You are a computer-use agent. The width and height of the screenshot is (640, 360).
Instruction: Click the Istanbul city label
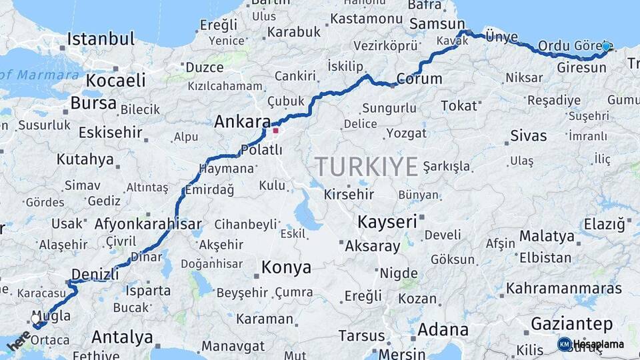click(101, 39)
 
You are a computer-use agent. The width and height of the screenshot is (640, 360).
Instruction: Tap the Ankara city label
click(242, 122)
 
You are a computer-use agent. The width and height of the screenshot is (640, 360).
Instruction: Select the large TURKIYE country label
click(367, 166)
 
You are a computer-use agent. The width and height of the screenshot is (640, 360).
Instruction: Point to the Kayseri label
click(387, 221)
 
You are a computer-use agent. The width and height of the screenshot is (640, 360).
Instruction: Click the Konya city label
click(286, 268)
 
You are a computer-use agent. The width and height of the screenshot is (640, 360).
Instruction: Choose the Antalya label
click(122, 337)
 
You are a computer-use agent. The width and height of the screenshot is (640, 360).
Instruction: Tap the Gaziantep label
click(571, 325)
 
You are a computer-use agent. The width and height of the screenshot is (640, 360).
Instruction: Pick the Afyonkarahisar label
click(148, 224)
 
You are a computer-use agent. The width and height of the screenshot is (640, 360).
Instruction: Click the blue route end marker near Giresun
click(605, 47)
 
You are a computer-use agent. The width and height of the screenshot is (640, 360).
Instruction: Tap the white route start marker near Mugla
click(36, 319)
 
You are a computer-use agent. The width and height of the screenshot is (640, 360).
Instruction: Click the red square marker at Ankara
click(275, 131)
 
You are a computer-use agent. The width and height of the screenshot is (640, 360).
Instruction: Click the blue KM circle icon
click(564, 345)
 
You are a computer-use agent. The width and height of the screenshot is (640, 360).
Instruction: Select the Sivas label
click(528, 136)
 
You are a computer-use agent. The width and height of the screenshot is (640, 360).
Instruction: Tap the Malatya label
click(547, 236)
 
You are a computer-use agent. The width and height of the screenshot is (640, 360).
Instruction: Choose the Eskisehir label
click(110, 132)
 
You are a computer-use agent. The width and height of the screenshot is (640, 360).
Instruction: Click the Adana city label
click(443, 329)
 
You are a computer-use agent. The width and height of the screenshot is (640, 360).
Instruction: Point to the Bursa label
click(93, 103)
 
